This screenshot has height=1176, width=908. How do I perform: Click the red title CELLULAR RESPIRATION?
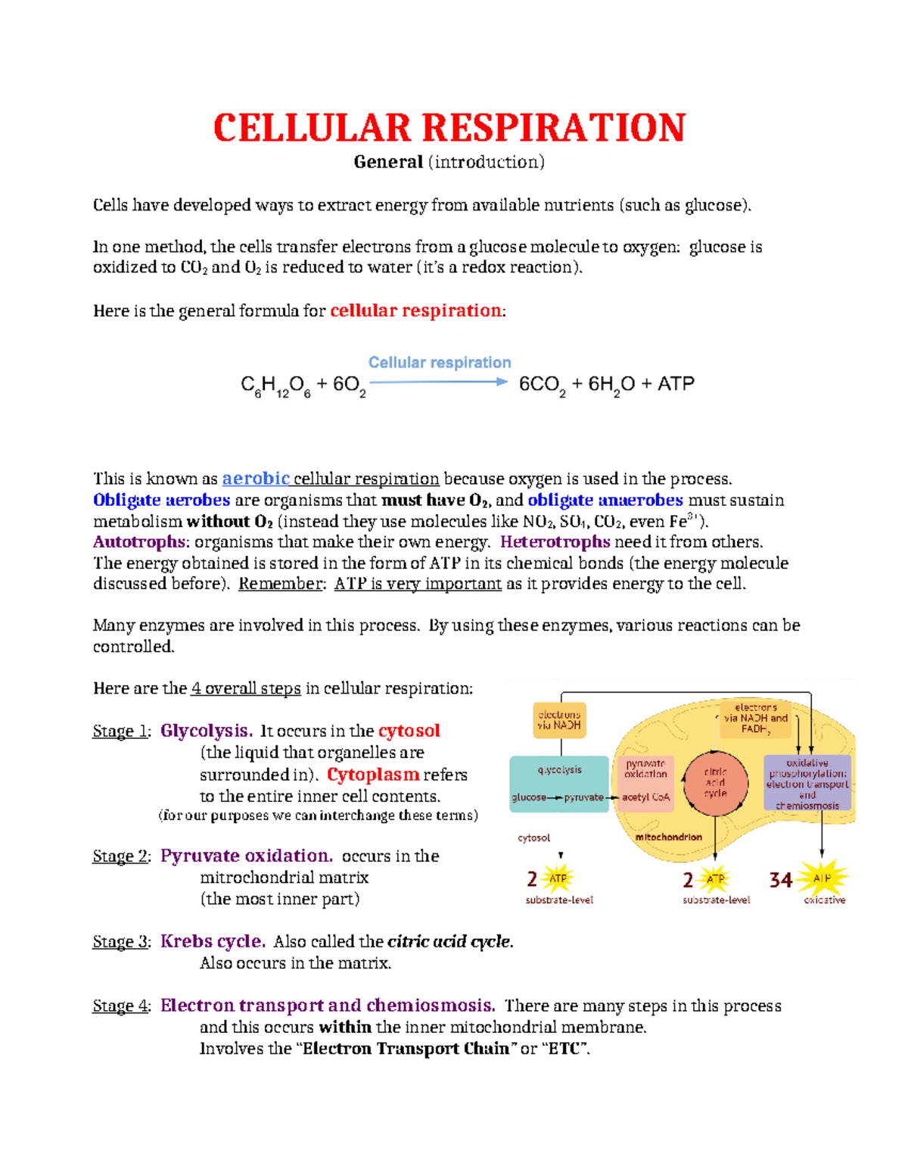(x=449, y=127)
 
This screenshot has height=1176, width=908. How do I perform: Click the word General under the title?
(x=388, y=162)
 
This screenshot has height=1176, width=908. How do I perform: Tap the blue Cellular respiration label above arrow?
(x=440, y=363)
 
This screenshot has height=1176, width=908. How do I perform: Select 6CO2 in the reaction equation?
(x=541, y=385)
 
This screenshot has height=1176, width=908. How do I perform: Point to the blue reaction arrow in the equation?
(x=438, y=382)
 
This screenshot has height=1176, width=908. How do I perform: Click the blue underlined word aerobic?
(x=256, y=479)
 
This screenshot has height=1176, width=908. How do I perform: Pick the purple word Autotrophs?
(x=138, y=542)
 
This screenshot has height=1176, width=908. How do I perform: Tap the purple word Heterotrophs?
(x=555, y=542)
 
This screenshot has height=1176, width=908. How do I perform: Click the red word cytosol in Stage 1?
(x=409, y=731)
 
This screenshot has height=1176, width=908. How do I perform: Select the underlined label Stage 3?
(x=120, y=942)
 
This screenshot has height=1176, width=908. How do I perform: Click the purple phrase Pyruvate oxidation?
(x=247, y=856)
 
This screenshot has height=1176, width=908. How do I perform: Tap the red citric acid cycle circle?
(x=715, y=783)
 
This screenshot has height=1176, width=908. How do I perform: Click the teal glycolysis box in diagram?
(x=559, y=784)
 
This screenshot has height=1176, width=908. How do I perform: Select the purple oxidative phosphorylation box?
(x=807, y=784)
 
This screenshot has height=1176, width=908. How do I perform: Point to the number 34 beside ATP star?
(x=781, y=880)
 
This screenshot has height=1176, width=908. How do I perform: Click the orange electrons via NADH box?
(x=559, y=720)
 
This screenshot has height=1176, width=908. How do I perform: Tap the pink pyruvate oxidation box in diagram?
(x=645, y=784)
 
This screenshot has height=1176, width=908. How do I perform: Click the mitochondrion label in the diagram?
(x=668, y=838)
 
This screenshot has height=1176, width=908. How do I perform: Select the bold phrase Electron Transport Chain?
(x=406, y=1050)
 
